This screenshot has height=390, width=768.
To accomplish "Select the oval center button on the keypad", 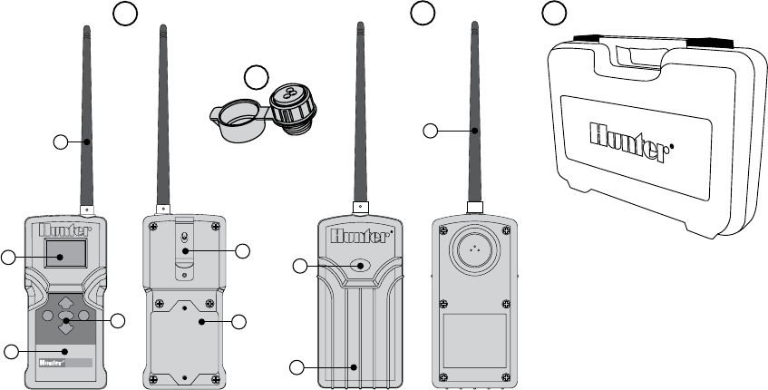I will (x=65, y=320).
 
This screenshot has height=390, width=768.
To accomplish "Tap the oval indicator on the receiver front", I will (x=361, y=265).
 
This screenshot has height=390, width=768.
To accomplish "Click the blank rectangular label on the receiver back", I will (x=473, y=336).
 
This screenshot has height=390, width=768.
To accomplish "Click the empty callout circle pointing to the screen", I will (x=7, y=259).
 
